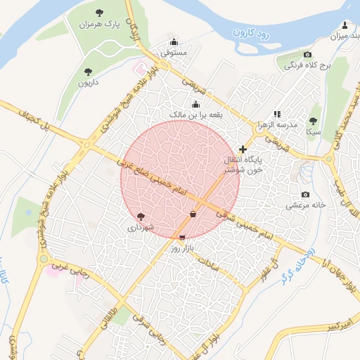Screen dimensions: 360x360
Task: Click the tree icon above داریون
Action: tap(87, 71)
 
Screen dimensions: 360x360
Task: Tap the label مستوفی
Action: tap(174, 52)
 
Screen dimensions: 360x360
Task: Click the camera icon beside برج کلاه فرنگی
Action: tap(307, 54)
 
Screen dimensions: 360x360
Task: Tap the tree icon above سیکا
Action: tap(314, 120)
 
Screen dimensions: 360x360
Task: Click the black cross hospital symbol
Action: tap(243, 149)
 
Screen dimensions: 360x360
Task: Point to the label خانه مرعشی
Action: tap(306, 205)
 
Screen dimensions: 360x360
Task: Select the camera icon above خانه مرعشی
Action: tap(305, 194)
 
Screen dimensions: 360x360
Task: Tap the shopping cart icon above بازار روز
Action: tap(183, 238)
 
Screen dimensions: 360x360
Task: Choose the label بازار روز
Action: tap(183, 249)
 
